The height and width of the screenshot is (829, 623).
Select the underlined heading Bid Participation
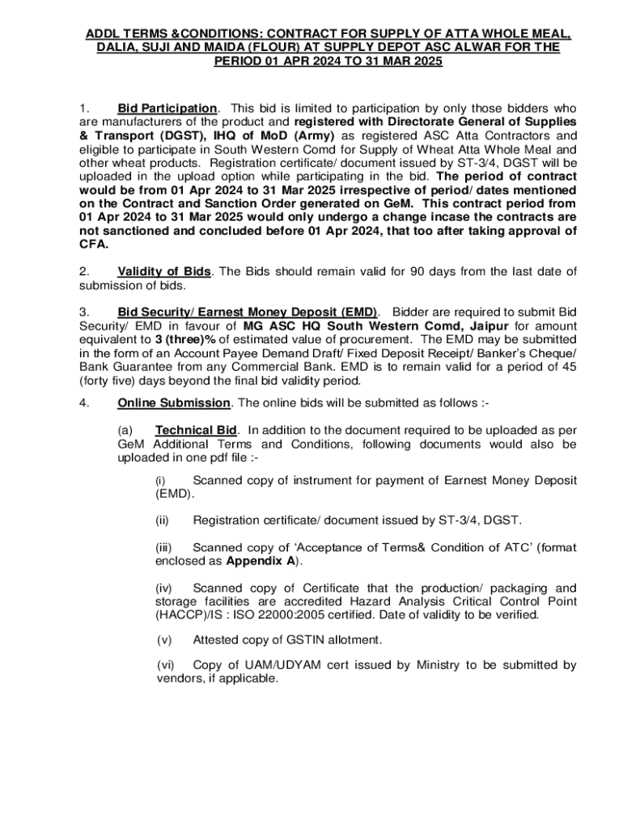(167, 108)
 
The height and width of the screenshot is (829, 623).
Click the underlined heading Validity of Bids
(164, 270)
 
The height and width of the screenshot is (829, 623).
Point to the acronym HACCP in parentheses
(177, 614)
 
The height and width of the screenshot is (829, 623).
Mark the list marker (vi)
(166, 665)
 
